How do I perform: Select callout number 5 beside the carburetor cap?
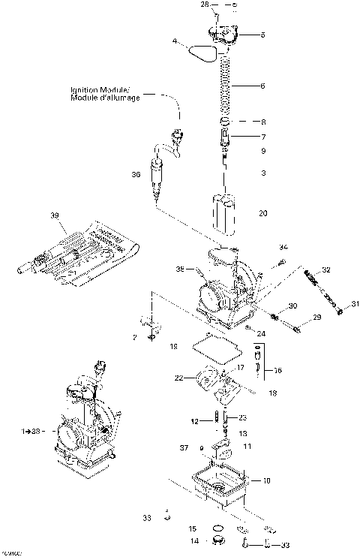pyautogui.click(x=262, y=35)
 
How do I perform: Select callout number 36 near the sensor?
pyautogui.click(x=136, y=174)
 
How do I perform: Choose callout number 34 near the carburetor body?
pyautogui.click(x=283, y=247)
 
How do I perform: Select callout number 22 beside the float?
pyautogui.click(x=179, y=378)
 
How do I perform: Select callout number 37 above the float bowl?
pyautogui.click(x=184, y=448)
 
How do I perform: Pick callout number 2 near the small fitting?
pyautogui.click(x=135, y=338)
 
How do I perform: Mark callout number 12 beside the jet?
pyautogui.click(x=193, y=422)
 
